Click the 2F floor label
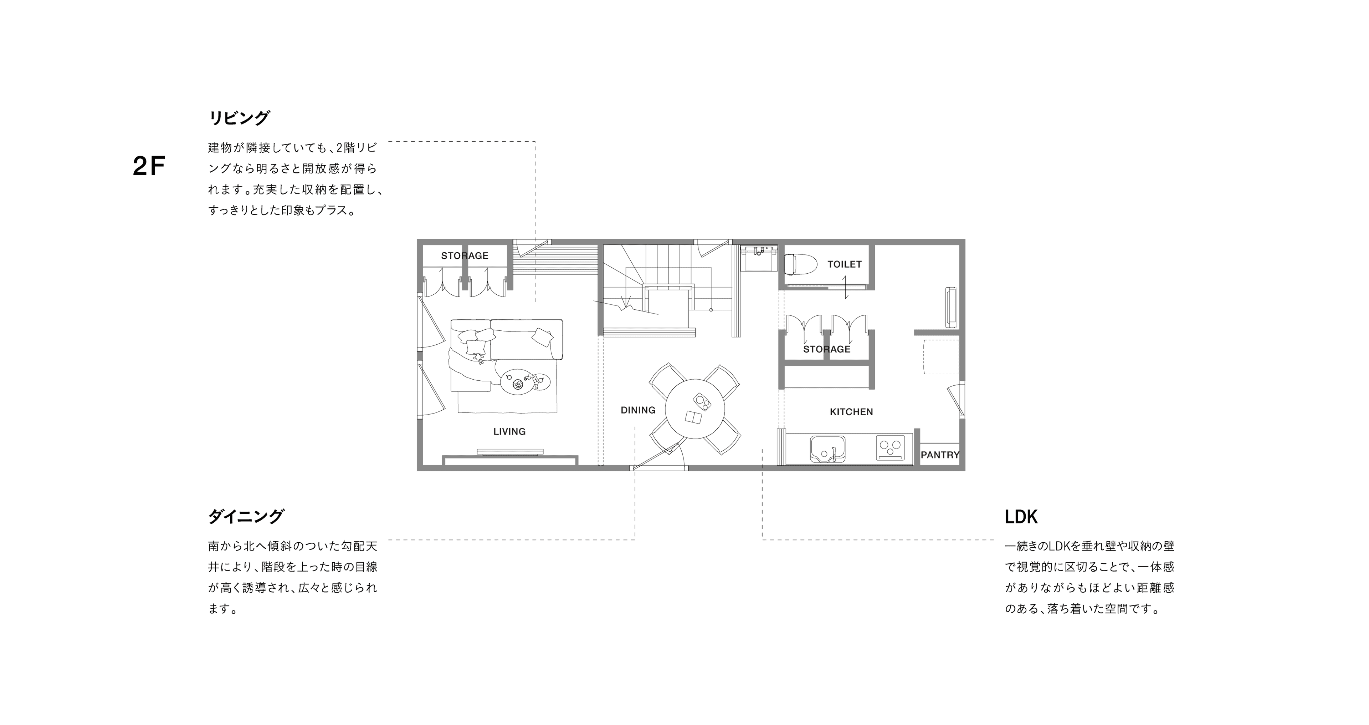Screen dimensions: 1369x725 (149, 167)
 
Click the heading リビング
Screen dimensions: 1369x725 (239, 117)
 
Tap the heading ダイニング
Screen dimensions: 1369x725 (246, 516)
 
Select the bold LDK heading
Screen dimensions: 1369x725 (1021, 517)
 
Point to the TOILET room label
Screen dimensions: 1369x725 (845, 264)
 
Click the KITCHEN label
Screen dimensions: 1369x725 (851, 412)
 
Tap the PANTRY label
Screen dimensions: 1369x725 (940, 455)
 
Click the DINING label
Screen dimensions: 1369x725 (638, 410)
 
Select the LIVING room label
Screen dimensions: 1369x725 (509, 431)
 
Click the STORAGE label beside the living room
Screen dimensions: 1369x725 (465, 256)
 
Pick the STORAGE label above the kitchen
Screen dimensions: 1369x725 (826, 349)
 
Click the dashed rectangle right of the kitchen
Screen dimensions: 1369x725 (941, 356)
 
